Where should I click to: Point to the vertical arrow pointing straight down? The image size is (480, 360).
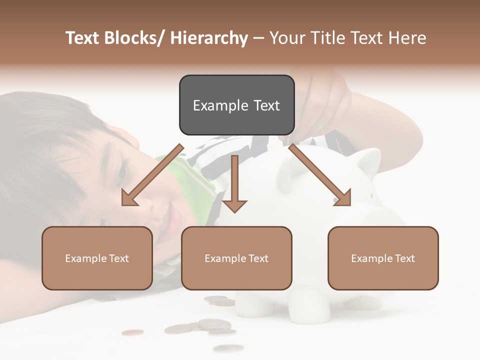pos(234,183)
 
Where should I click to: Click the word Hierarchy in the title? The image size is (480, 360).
pos(209,38)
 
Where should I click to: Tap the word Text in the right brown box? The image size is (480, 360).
pos(404,258)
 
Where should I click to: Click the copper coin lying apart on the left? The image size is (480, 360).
pos(132,332)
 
